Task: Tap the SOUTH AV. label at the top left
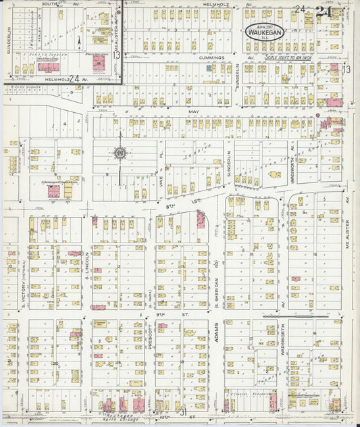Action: [x=57, y=4]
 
